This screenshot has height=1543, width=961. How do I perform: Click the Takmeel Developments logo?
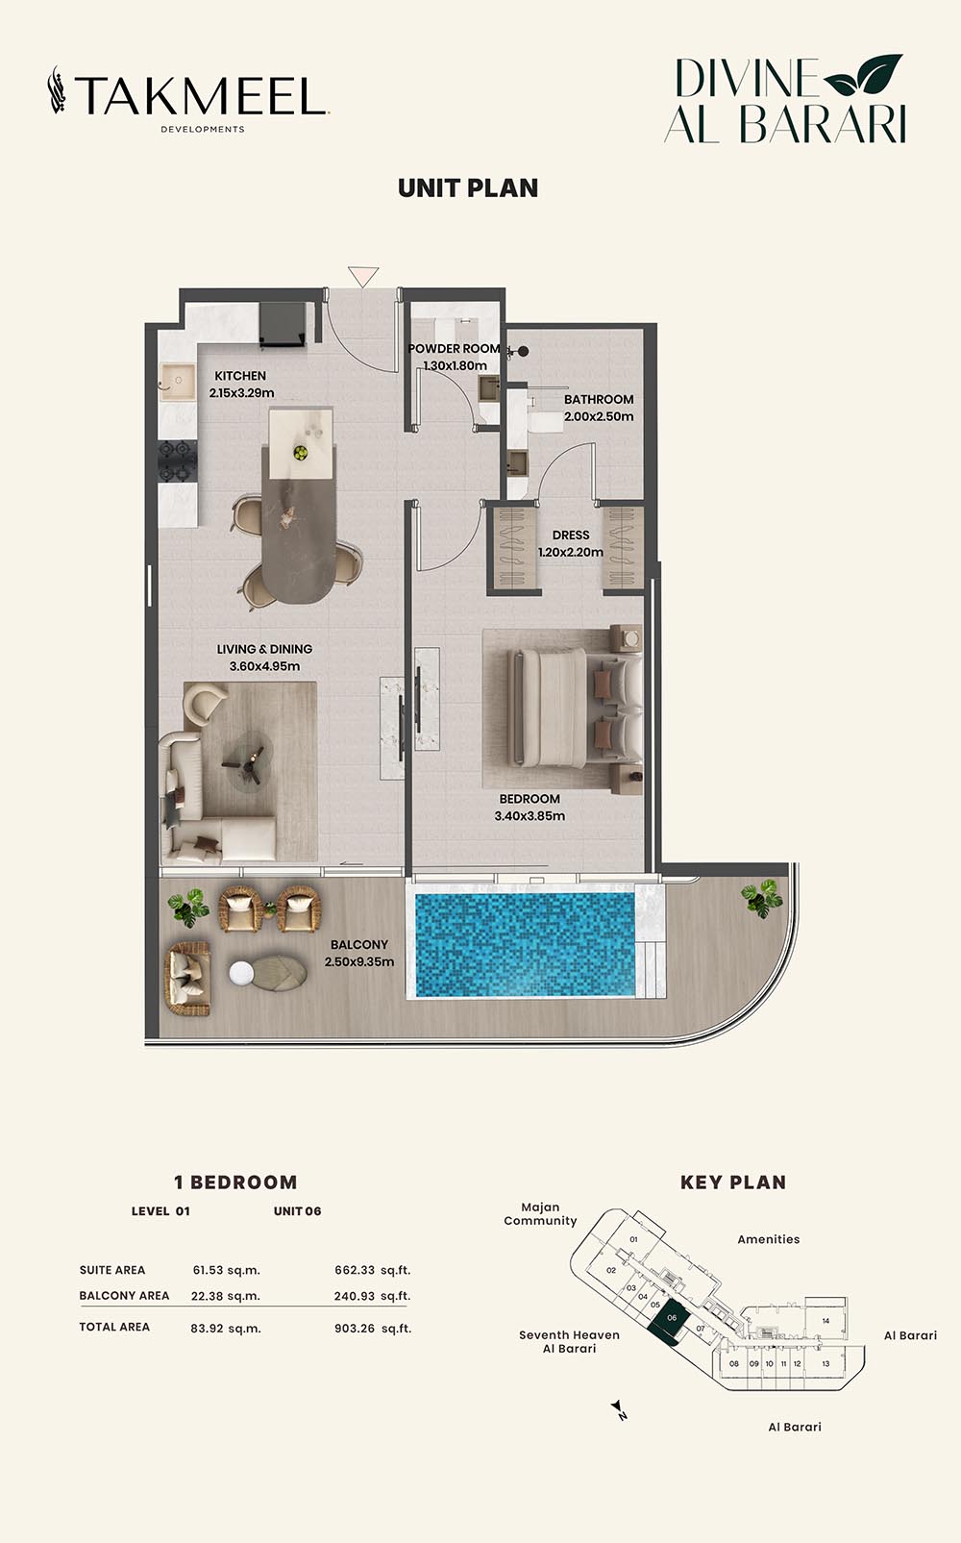pyautogui.click(x=188, y=99)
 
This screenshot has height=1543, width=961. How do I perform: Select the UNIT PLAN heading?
pyautogui.click(x=468, y=188)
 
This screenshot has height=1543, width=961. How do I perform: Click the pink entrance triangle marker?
pyautogui.click(x=363, y=276)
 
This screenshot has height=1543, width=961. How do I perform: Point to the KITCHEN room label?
pyautogui.click(x=240, y=376)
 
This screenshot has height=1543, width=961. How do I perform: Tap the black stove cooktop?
pyautogui.click(x=178, y=460)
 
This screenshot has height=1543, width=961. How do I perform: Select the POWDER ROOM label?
pyautogui.click(x=454, y=349)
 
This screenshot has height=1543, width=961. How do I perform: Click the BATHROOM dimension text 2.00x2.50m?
pyautogui.click(x=599, y=416)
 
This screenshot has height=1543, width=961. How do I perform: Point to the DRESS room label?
pyautogui.click(x=571, y=535)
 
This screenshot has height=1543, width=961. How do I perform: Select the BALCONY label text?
pyautogui.click(x=359, y=944)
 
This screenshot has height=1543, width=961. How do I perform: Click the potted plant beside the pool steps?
pyautogui.click(x=762, y=898)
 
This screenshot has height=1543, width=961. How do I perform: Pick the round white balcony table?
pyautogui.click(x=241, y=973)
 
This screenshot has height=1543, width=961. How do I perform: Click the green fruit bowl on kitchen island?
pyautogui.click(x=300, y=453)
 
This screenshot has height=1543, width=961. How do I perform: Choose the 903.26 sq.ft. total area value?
pyautogui.click(x=373, y=1328)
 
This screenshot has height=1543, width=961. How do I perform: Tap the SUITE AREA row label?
pyautogui.click(x=112, y=1270)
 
